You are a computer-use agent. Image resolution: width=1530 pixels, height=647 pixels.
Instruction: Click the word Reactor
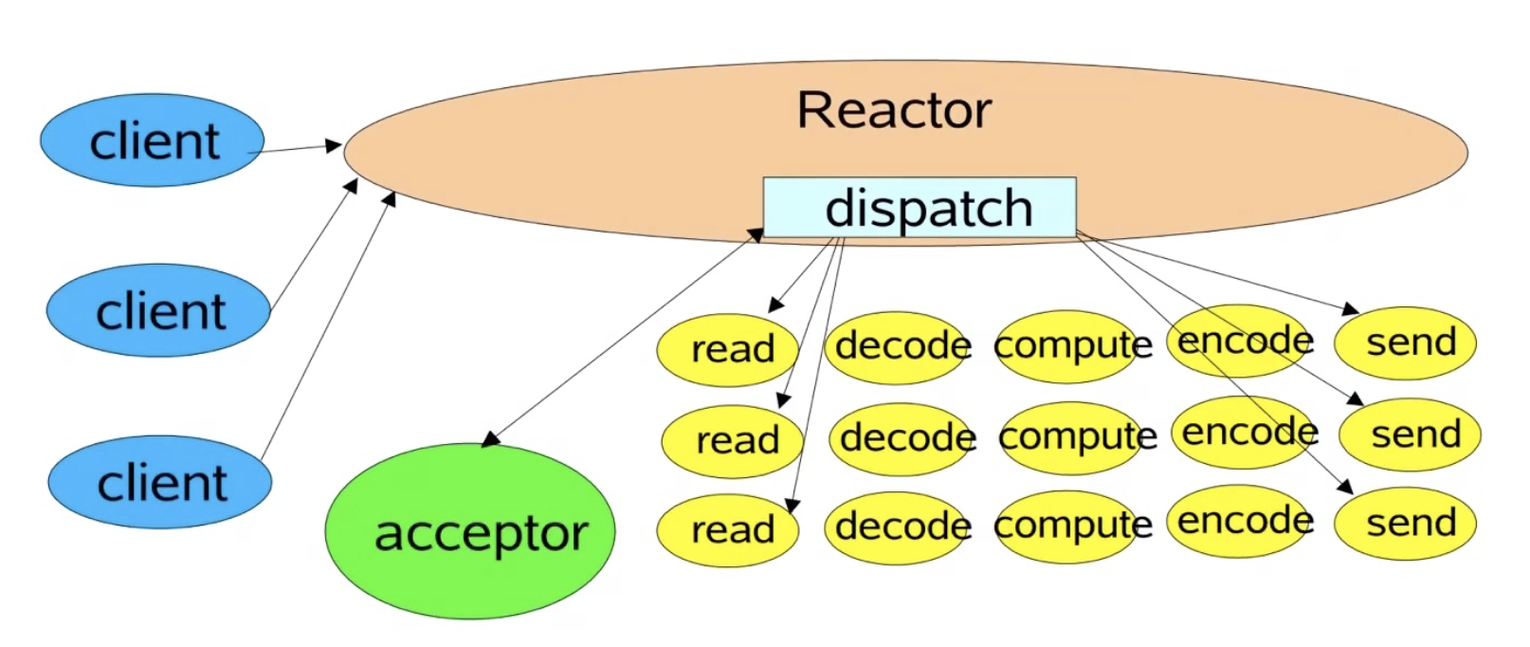893,110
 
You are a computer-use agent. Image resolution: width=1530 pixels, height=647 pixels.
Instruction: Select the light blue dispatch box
920,208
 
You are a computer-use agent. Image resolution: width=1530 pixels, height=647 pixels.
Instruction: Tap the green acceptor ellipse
470,531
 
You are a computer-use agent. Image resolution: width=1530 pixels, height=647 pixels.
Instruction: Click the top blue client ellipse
153,140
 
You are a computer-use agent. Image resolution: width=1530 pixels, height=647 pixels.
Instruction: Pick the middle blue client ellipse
158,310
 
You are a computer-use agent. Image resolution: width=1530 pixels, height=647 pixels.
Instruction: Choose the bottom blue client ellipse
160,482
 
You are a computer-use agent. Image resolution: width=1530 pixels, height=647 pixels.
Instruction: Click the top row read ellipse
727,350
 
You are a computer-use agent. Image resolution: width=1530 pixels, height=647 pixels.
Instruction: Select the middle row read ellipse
732,441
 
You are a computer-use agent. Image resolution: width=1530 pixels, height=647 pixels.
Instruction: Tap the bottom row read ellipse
727,530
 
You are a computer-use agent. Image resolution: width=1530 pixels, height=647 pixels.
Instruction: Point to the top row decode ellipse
896,348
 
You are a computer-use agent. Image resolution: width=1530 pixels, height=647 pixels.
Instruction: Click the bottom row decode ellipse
896,528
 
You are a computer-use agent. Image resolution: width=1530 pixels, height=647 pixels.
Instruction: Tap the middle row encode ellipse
1243,433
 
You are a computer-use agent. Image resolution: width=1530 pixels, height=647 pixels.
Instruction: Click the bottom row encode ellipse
1238,521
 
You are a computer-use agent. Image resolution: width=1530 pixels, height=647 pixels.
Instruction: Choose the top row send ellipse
1405,343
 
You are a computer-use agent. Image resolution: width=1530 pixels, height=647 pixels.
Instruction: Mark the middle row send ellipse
1410,434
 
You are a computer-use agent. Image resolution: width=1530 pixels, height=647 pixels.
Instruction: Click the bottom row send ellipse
1405,524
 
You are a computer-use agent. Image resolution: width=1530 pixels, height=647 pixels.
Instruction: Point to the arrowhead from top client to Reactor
334,145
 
